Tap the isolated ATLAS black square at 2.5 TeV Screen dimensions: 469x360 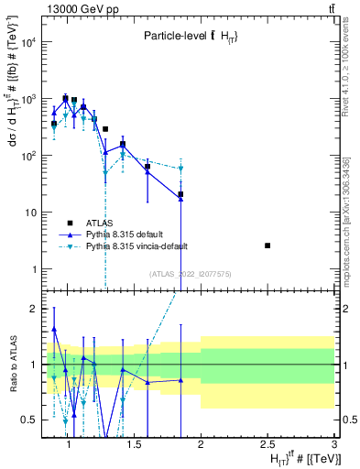pyautogui.click(x=267, y=245)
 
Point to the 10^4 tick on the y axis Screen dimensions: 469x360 pyautogui.click(x=28, y=42)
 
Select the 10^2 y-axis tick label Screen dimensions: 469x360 pyautogui.click(x=28, y=156)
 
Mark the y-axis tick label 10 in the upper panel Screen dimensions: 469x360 pyautogui.click(x=31, y=213)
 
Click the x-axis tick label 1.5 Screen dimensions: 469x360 pyautogui.click(x=134, y=445)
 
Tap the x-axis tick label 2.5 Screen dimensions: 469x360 pyautogui.click(x=267, y=445)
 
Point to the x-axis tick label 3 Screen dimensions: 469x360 pyautogui.click(x=333, y=445)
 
